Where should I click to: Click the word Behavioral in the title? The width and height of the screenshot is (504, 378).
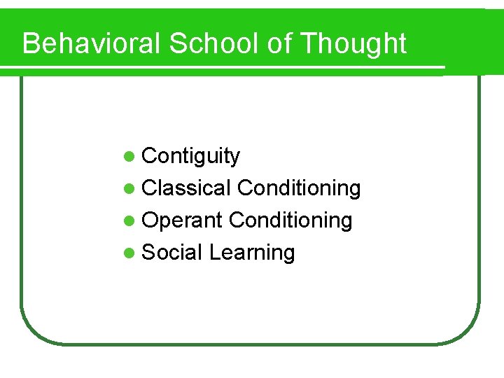[92, 43]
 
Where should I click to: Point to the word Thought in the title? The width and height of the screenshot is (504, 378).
[353, 43]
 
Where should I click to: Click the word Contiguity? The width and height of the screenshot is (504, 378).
[190, 156]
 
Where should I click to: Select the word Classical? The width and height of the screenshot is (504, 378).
[186, 188]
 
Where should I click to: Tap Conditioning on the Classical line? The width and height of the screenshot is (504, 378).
[299, 188]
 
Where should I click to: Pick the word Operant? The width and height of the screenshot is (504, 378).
[182, 220]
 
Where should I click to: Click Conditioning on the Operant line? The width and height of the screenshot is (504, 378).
[290, 220]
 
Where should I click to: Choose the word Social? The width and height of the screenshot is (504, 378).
[172, 252]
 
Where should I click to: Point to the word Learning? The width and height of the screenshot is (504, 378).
[252, 253]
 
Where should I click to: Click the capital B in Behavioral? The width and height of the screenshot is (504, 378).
[31, 43]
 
